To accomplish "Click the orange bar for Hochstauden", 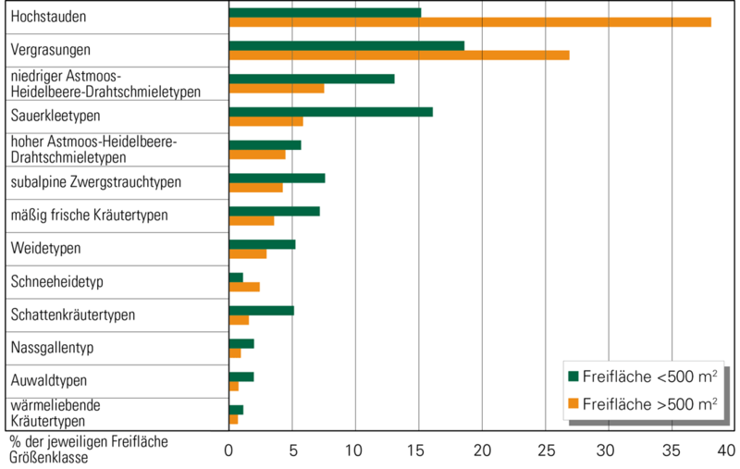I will [470, 21].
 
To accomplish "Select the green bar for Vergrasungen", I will [346, 45].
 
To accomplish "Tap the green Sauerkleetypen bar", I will [330, 112].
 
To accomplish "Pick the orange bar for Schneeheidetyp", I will [244, 287].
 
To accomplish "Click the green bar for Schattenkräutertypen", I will [261, 310].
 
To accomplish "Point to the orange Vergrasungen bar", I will [399, 55].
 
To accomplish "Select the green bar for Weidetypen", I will [262, 244].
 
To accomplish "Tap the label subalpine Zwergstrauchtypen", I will [95, 182].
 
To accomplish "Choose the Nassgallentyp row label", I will [53, 348].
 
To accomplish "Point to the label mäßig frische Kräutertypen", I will [88, 216].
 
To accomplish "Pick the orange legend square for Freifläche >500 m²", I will [573, 403].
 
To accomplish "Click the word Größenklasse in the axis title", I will [47, 457].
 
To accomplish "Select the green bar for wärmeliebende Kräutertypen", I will [236, 410].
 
